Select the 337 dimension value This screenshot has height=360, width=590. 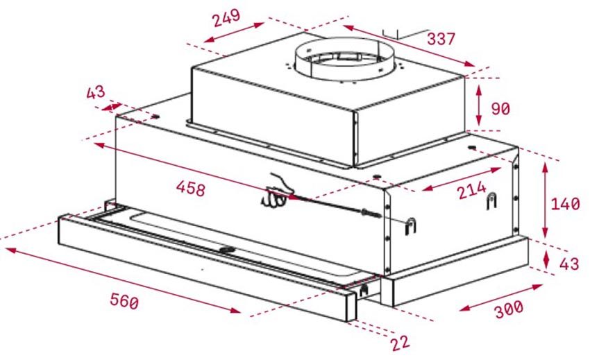441,38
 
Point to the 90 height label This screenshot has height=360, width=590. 500,109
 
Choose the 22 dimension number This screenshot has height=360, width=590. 401,341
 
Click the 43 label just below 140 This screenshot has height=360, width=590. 568,264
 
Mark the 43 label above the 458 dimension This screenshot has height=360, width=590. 95,92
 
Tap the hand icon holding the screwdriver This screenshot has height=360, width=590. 278,191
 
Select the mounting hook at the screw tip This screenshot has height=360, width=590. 410,225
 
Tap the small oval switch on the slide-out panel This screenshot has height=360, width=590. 227,248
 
